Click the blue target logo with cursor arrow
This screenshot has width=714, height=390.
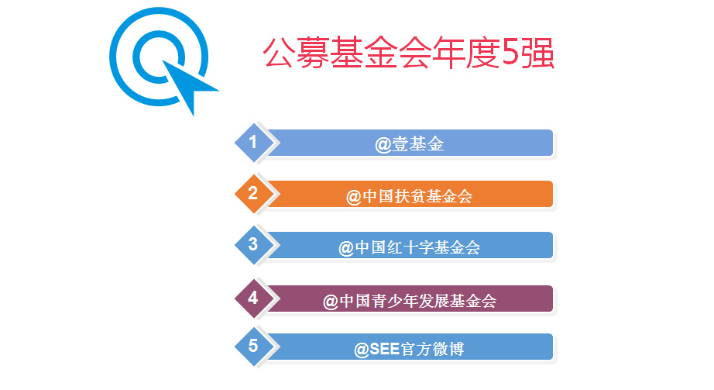coord(159,57)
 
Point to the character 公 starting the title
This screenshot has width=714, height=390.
coord(278,53)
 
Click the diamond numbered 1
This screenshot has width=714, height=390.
coord(254,143)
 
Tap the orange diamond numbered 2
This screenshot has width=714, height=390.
coord(254,193)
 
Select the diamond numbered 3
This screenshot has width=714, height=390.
coord(254,244)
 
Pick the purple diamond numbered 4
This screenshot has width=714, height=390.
coord(254,299)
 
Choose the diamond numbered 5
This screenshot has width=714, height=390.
coord(254,347)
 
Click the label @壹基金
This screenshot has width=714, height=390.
coord(409,144)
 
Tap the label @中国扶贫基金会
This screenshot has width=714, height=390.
coord(409,197)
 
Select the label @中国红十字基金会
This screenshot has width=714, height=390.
coord(409,247)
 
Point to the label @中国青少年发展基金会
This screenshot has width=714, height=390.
coord(409,301)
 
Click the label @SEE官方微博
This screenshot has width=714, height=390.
coord(409,350)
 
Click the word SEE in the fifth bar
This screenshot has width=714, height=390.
coord(385,349)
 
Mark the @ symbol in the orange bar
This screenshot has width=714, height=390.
coord(354,198)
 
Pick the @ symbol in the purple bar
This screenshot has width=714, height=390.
coord(331,302)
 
